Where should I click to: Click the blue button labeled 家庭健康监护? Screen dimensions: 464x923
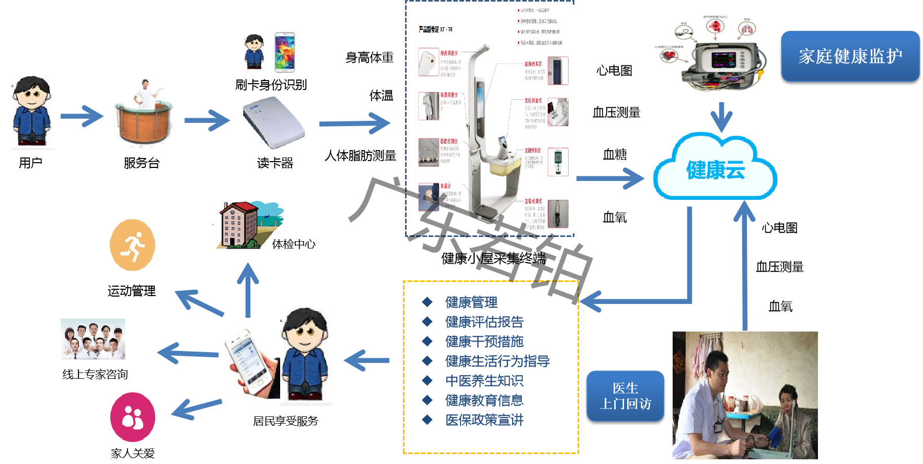pyautogui.click(x=850, y=56)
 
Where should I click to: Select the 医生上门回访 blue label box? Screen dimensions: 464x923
pyautogui.click(x=625, y=396)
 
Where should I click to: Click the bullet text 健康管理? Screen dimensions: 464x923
pyautogui.click(x=471, y=302)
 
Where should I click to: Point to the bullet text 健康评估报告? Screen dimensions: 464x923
pyautogui.click(x=484, y=322)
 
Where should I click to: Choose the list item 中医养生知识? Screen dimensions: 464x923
pyautogui.click(x=484, y=381)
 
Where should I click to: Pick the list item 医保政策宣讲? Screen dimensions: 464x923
pyautogui.click(x=484, y=420)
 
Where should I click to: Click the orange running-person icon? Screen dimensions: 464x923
pyautogui.click(x=133, y=245)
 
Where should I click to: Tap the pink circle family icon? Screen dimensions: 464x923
pyautogui.click(x=133, y=417)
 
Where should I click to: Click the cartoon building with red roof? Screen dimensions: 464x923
pyautogui.click(x=249, y=225)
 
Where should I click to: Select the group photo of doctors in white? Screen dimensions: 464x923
pyautogui.click(x=93, y=338)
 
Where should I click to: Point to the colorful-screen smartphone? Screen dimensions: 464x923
pyautogui.click(x=285, y=52)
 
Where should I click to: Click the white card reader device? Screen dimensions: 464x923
pyautogui.click(x=274, y=122)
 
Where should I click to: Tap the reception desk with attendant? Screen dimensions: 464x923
pyautogui.click(x=142, y=112)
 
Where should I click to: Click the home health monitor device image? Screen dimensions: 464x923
pyautogui.click(x=710, y=53)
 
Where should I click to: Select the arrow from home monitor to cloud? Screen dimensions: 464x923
pyautogui.click(x=721, y=117)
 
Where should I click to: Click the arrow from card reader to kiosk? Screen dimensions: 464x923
pyautogui.click(x=355, y=123)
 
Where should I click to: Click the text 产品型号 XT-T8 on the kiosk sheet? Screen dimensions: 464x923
pyautogui.click(x=435, y=29)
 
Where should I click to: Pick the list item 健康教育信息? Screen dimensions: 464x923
pyautogui.click(x=484, y=401)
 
